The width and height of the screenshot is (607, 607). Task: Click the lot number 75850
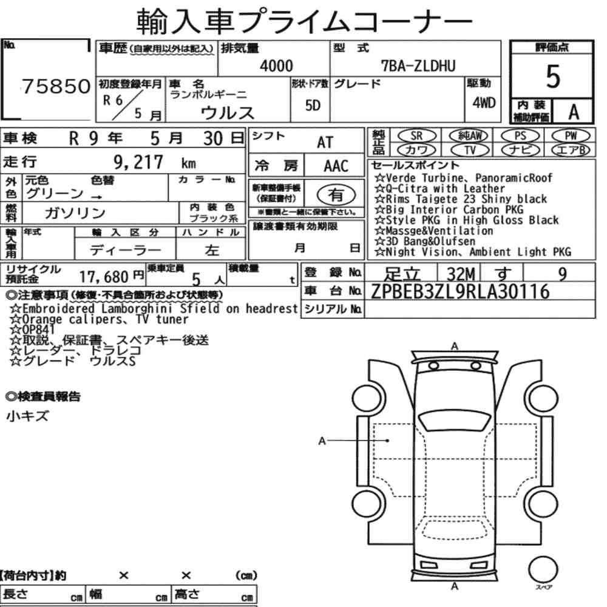pyautogui.click(x=56, y=86)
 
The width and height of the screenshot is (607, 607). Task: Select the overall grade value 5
pyautogui.click(x=553, y=76)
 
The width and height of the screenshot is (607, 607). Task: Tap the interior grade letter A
pyautogui.click(x=574, y=112)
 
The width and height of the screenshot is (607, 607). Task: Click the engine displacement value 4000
pyautogui.click(x=276, y=66)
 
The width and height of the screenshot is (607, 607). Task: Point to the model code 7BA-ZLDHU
pyautogui.click(x=418, y=66)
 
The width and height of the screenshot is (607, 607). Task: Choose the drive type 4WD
pyautogui.click(x=484, y=103)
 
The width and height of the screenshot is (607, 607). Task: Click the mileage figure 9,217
pyautogui.click(x=138, y=162)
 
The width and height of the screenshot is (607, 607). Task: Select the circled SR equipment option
pyautogui.click(x=417, y=136)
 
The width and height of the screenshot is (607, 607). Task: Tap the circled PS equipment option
pyautogui.click(x=520, y=136)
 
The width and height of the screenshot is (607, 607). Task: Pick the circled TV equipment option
pyautogui.click(x=470, y=150)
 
